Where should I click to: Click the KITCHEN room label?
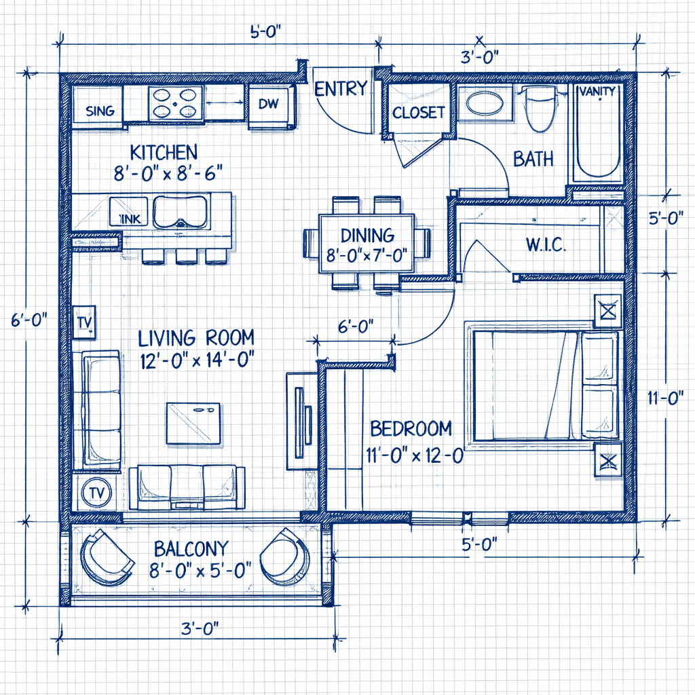coord(164,151)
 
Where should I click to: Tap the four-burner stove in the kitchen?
coord(176,103)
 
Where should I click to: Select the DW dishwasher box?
coord(272,105)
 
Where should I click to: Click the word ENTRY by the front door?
coord(341,89)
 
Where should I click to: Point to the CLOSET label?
coord(419,113)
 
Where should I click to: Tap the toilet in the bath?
coord(540,109)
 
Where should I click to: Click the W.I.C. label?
coord(545,244)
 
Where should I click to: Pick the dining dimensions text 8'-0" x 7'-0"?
coord(367,255)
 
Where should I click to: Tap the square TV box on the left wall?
coord(85,321)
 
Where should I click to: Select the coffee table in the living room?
coord(193,423)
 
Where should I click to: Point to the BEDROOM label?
coord(411,428)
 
